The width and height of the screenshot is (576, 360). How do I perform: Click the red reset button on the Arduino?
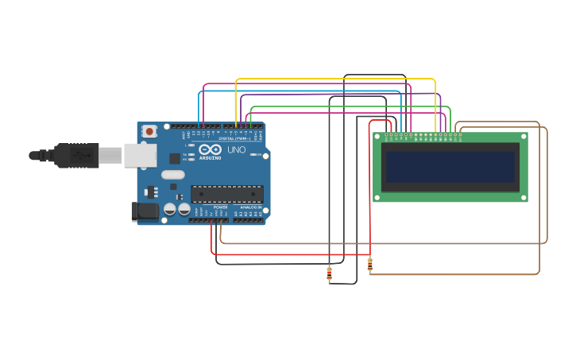pos(149,131)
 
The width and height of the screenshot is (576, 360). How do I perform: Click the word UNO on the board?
pos(236,149)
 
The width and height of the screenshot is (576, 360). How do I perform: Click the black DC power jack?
pos(145,211)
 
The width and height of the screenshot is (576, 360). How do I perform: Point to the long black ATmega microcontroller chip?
pos(226,194)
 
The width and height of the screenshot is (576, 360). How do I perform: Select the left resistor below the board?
pos(329,273)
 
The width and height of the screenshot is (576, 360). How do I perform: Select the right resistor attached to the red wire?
pos(369,264)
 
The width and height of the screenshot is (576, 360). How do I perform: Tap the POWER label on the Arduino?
pos(220,207)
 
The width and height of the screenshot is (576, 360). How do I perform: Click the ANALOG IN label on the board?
pos(250,207)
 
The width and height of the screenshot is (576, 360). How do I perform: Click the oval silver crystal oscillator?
pos(172,175)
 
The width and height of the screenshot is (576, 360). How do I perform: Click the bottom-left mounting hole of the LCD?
pos(377,197)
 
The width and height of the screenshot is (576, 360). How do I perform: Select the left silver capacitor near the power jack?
pos(169,210)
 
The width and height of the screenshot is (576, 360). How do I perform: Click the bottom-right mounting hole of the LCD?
pos(523,197)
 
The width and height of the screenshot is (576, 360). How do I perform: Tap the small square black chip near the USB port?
pos(174,158)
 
